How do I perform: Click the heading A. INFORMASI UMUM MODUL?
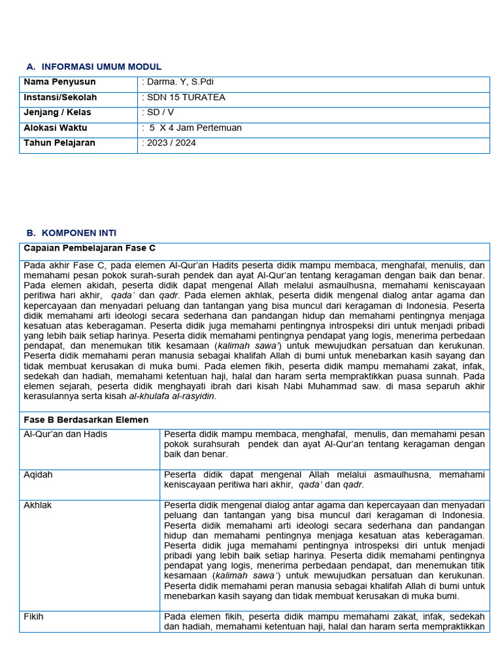[x=93, y=67]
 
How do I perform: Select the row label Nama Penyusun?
[x=59, y=82]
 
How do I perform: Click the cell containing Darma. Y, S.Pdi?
[x=178, y=82]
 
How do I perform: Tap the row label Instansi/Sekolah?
[x=60, y=97]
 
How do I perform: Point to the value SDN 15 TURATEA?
[x=184, y=97]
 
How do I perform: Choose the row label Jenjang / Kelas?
[x=58, y=113]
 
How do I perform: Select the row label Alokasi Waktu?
[x=56, y=128]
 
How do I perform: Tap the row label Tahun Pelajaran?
[x=59, y=143]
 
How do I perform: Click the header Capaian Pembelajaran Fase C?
[x=90, y=248]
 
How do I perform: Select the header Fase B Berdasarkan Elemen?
[x=86, y=419]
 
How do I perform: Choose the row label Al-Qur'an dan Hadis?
[x=65, y=434]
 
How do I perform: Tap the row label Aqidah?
[x=37, y=474]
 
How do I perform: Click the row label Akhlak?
[x=37, y=505]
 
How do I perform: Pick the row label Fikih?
[x=33, y=616]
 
